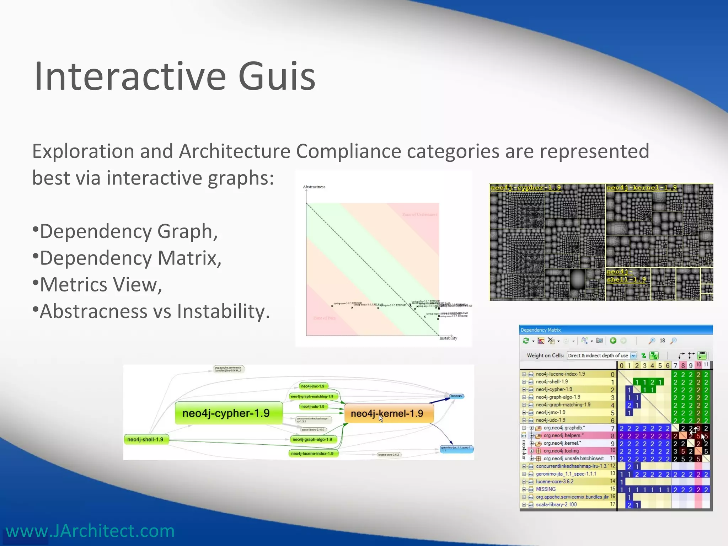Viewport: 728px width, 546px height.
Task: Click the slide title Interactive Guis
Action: pos(175,76)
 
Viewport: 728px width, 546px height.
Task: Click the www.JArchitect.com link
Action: pos(90,531)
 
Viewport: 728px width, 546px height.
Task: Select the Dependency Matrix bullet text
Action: pos(130,258)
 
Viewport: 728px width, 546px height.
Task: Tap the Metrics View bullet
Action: pos(101,285)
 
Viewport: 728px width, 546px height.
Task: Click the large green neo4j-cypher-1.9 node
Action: pos(226,413)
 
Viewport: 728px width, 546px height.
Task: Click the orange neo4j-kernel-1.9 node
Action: pos(387,413)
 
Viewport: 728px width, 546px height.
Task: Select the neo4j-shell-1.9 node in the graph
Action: pos(145,440)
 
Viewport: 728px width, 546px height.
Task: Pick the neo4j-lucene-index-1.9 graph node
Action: pos(312,454)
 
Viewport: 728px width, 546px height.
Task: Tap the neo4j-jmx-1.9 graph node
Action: pos(312,386)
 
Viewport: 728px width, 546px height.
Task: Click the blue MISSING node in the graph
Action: pos(456,396)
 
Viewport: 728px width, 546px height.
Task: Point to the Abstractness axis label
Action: pos(314,187)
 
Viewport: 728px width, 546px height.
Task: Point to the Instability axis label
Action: pos(448,338)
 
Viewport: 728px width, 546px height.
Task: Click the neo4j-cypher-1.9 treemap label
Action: pos(525,188)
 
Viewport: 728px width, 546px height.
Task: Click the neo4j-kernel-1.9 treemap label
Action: pos(641,188)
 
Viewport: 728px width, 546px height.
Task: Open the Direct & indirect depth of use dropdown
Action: pos(633,355)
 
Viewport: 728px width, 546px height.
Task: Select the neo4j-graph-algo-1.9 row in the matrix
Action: pos(558,397)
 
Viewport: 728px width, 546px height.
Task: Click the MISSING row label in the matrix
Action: pos(546,489)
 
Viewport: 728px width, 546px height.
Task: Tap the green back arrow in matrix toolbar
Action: pos(613,341)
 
